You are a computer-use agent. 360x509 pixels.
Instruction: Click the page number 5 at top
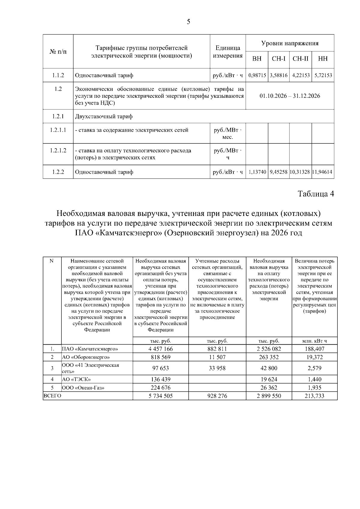point(188,22)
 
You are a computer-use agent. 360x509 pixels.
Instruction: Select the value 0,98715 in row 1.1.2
point(257,75)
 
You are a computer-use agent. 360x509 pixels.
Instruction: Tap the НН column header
point(323,59)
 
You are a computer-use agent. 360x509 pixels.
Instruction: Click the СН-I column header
point(278,59)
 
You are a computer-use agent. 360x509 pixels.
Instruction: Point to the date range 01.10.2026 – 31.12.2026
point(289,96)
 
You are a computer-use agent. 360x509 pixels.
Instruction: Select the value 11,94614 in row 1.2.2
point(323,172)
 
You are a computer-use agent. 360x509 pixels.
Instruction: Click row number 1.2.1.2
point(58,151)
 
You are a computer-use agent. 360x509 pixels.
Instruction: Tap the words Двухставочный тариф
point(103,116)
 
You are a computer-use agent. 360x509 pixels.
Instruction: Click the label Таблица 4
point(316,194)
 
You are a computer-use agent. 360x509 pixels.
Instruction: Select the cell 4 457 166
point(160,349)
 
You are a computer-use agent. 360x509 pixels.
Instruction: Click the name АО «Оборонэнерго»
point(86,357)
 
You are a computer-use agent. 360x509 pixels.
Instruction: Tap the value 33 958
point(217,368)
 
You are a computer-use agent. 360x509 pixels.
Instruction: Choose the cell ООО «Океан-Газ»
point(83,388)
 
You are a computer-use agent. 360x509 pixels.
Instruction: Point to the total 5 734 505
point(160,396)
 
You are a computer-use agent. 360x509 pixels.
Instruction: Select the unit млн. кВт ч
point(314,341)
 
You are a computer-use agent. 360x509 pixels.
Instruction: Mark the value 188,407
point(314,349)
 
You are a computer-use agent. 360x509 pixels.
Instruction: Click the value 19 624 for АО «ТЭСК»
point(269,379)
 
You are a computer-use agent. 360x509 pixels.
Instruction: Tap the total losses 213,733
point(314,396)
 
